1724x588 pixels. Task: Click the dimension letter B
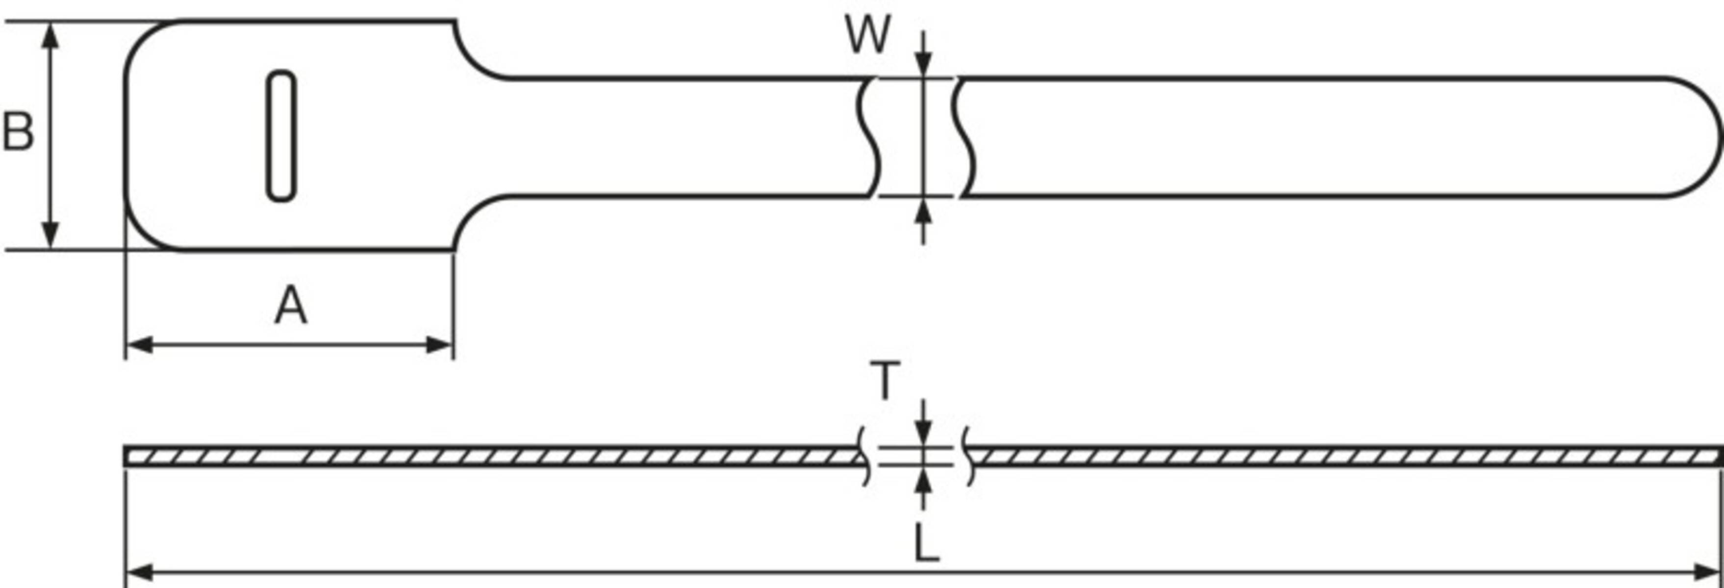18,131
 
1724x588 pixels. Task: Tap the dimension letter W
868,35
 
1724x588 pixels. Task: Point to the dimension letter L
926,543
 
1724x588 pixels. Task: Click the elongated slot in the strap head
281,135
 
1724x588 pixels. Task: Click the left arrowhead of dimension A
139,345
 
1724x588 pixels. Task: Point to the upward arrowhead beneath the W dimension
924,211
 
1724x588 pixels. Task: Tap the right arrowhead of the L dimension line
1707,573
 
